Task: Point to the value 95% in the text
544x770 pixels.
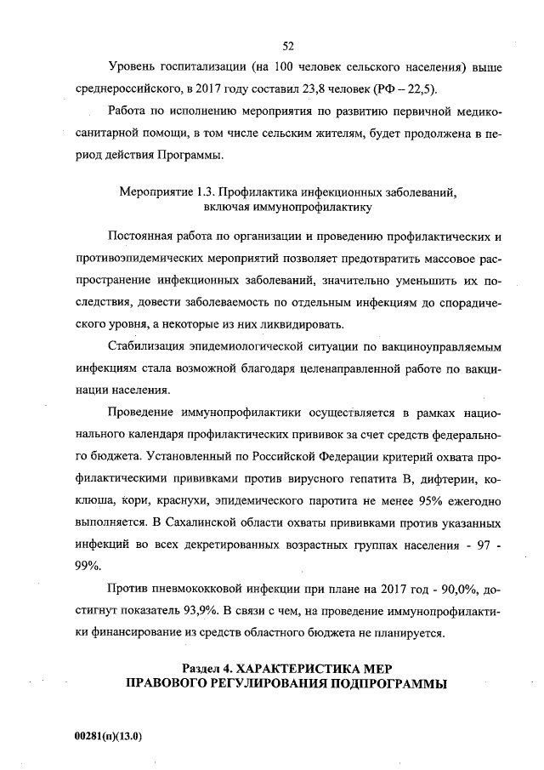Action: click(419, 498)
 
